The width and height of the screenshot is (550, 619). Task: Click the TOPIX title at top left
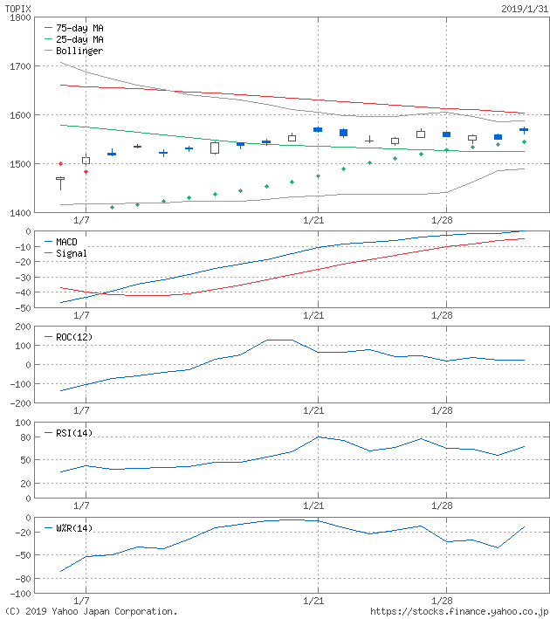[x=18, y=8]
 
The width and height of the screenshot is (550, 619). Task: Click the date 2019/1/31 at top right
[x=524, y=8]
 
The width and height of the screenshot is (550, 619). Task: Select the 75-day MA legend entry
[x=79, y=28]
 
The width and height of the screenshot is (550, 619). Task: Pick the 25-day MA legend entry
[x=79, y=39]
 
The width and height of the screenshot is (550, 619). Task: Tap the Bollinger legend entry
[x=79, y=51]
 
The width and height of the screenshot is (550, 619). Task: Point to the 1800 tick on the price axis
[x=19, y=17]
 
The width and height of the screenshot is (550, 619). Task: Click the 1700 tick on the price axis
[x=19, y=66]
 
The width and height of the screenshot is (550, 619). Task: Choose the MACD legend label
[x=66, y=241]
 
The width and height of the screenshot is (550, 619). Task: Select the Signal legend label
[x=71, y=253]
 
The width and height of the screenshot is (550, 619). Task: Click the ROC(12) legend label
[x=74, y=337]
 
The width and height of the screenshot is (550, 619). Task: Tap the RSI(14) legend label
[x=74, y=433]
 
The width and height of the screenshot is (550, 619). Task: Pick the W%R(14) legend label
[x=74, y=528]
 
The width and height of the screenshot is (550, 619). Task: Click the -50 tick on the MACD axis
[x=23, y=308]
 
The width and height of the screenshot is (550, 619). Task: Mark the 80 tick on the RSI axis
[x=25, y=437]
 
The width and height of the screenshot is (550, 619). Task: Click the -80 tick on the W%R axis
[x=23, y=579]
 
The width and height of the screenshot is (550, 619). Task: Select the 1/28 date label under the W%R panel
[x=442, y=602]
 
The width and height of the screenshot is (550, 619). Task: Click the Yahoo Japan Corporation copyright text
[x=92, y=612]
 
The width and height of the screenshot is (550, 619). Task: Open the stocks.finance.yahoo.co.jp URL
[x=459, y=612]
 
